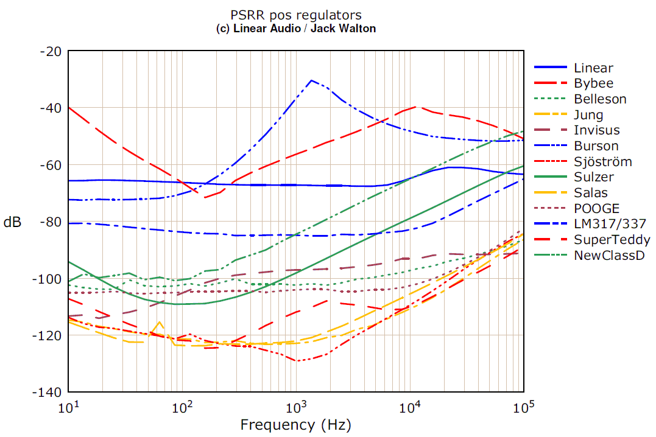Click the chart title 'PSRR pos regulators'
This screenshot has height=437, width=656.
[296, 15]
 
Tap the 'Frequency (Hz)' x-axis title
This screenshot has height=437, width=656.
[296, 424]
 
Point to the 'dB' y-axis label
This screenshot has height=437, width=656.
[12, 222]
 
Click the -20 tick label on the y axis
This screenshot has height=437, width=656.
[50, 52]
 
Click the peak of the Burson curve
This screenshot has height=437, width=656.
[311, 80]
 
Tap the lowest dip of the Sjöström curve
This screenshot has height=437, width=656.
[297, 361]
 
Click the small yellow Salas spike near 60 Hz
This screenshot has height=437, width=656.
[160, 322]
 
